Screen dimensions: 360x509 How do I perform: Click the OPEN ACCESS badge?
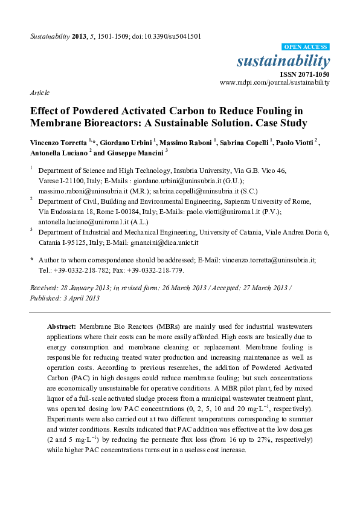pos(306,47)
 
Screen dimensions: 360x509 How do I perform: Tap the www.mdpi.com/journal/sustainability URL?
pos(275,82)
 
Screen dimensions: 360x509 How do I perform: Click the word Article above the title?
pos(39,93)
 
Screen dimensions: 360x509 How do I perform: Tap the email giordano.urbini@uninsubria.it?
pos(166,180)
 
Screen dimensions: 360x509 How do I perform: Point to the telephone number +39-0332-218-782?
pos(76,270)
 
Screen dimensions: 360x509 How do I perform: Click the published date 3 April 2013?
pos(82,298)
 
